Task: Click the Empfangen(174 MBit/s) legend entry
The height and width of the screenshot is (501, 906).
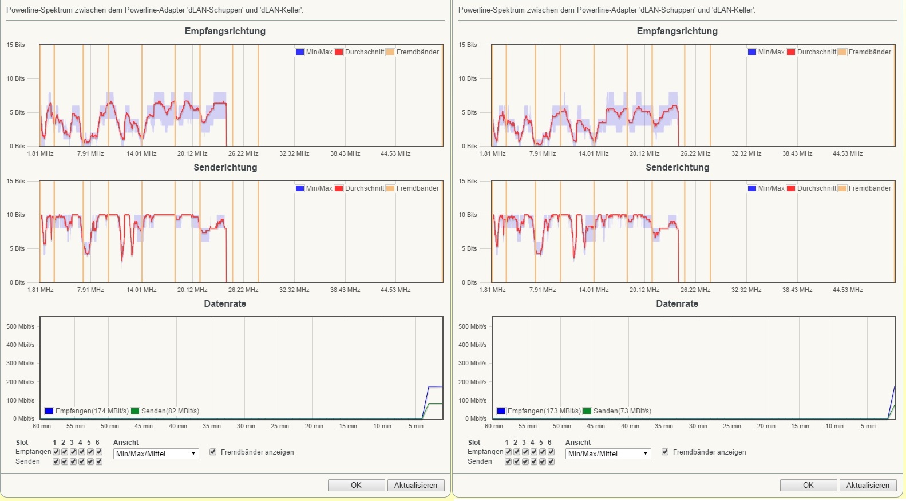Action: point(86,411)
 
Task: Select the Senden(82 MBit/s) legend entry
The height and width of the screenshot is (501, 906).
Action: point(165,411)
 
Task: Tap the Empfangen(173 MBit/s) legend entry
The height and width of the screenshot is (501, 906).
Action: point(539,411)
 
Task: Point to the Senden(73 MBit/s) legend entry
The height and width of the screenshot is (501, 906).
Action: point(617,411)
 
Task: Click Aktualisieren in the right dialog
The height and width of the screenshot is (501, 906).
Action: point(868,485)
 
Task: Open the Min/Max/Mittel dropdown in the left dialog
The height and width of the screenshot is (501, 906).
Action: point(156,453)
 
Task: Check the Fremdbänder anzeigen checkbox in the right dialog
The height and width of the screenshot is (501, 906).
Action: point(665,452)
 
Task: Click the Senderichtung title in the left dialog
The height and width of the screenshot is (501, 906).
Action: point(225,168)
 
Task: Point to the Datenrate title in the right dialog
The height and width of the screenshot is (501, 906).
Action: point(677,304)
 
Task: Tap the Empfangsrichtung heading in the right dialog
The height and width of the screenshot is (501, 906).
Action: point(677,31)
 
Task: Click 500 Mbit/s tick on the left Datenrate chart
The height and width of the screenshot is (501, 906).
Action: point(21,326)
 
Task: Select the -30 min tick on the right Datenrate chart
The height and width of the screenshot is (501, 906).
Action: point(697,426)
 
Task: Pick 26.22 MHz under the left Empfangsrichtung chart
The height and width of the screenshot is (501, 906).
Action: point(243,154)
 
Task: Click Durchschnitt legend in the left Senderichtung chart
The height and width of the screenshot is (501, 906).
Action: point(359,188)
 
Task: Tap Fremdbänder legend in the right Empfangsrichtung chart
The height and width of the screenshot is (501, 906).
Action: point(865,52)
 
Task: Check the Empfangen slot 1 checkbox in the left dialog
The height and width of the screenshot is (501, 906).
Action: point(56,452)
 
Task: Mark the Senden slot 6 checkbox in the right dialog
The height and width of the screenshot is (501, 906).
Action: point(551,461)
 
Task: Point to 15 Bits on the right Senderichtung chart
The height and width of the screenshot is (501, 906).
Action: point(468,182)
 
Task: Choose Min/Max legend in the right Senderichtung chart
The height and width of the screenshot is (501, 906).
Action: point(766,188)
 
